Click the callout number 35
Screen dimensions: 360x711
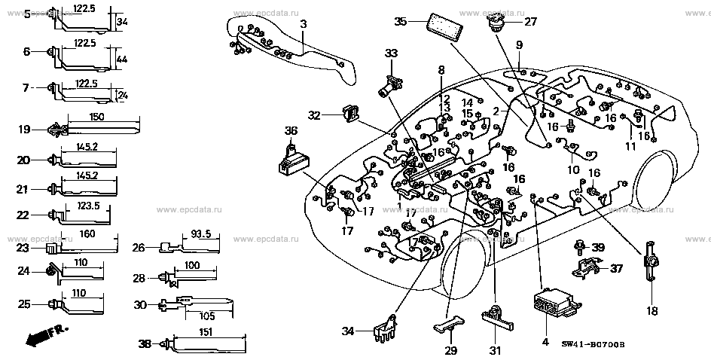[401, 21]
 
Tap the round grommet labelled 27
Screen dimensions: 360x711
[496, 25]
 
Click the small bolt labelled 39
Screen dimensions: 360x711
[581, 247]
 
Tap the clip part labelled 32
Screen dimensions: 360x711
[349, 114]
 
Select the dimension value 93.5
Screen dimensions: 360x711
[199, 233]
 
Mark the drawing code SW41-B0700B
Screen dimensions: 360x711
[593, 345]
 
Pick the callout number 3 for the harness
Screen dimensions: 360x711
[303, 25]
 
